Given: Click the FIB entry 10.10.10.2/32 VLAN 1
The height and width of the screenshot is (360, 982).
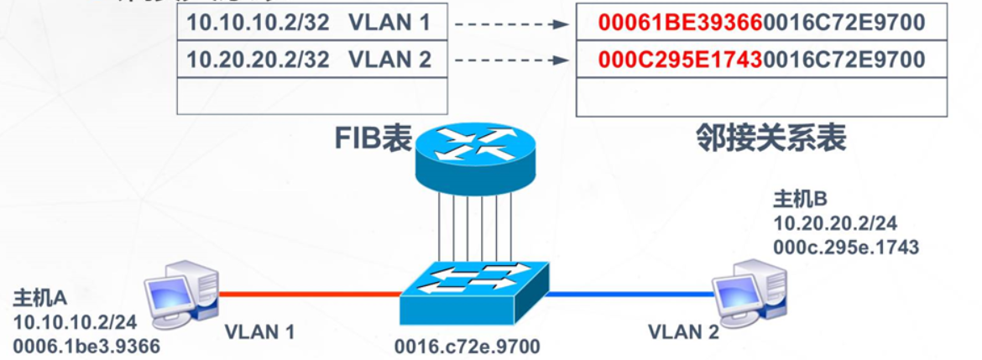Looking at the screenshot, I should click(x=308, y=23).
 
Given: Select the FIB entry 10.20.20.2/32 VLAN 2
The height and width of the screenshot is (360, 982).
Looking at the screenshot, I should click(x=308, y=60).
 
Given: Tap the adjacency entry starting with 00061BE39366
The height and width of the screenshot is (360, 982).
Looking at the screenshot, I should click(x=761, y=23).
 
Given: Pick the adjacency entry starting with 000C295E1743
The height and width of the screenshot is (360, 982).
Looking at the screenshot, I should click(x=761, y=60).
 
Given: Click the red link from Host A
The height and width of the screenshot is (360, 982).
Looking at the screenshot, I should click(x=310, y=294).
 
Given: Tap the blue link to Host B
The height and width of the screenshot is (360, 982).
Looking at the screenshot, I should click(x=631, y=294).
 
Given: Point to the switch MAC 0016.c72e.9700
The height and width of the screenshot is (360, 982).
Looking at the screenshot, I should click(x=467, y=346).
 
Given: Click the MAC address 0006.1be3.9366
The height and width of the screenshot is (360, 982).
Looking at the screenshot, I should click(x=86, y=345).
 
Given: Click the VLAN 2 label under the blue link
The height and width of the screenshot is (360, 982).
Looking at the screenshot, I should click(x=683, y=332).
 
